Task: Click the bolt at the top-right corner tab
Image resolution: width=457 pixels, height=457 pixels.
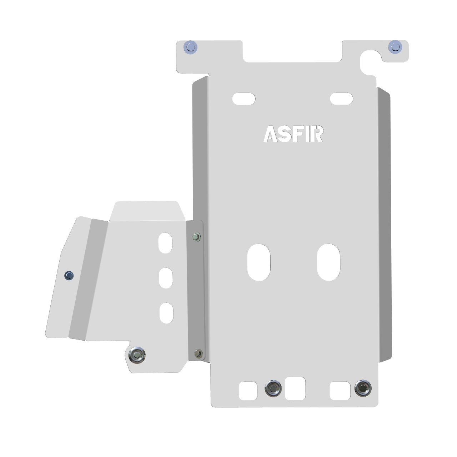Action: click(395, 46)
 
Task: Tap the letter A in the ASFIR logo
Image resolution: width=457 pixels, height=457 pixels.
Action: click(270, 134)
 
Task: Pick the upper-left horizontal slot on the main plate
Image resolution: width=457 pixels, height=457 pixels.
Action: click(244, 99)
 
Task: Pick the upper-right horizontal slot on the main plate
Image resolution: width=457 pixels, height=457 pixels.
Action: click(341, 99)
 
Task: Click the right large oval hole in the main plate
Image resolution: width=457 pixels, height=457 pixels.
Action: click(328, 262)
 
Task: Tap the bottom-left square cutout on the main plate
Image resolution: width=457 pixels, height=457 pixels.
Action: click(248, 391)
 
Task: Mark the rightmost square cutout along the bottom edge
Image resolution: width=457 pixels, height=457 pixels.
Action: click(340, 391)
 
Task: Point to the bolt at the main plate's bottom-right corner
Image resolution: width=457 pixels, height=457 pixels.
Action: click(363, 388)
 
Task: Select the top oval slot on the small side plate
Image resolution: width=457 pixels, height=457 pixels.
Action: click(165, 243)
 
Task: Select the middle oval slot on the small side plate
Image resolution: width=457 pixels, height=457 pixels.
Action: click(166, 277)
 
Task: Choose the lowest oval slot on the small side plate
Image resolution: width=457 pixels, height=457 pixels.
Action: click(166, 313)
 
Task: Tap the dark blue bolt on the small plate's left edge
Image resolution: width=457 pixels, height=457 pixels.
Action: click(69, 275)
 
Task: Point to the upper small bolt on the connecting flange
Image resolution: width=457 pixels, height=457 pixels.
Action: click(196, 236)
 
